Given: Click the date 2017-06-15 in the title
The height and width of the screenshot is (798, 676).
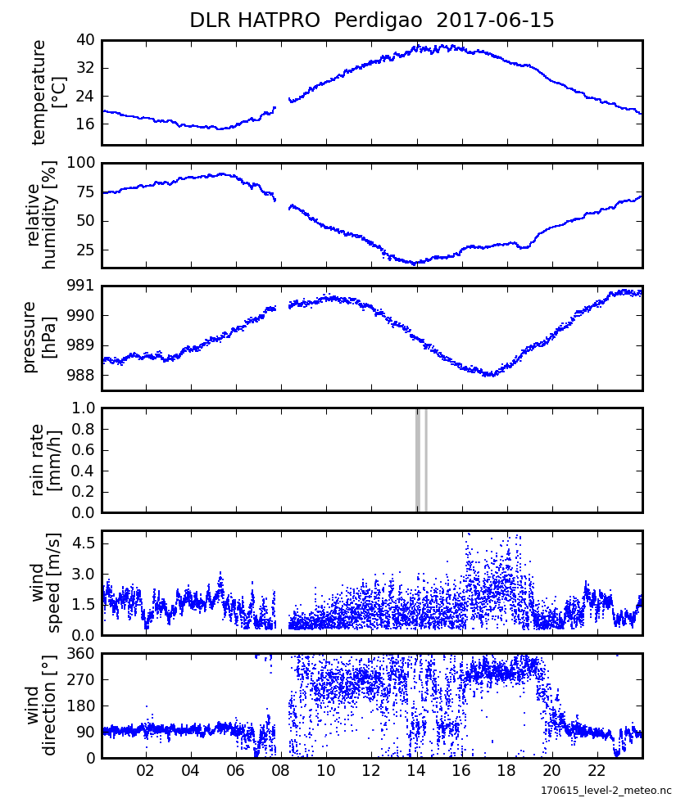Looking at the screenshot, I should coord(495,20).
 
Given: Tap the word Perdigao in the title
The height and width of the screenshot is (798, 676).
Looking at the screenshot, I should coord(379,20).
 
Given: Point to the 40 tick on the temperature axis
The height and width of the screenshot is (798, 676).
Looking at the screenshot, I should coord(85,40).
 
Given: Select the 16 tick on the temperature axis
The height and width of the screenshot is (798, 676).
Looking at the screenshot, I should coord(85,124).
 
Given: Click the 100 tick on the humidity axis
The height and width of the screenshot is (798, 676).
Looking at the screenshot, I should coord(81,163).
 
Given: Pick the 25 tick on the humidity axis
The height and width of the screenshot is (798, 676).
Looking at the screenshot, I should coord(85,250).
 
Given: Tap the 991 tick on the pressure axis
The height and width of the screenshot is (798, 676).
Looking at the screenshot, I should coord(81,286).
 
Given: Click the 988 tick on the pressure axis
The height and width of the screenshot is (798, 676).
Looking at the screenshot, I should coord(81,376).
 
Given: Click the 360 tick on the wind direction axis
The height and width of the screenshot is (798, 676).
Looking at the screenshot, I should coord(81,653).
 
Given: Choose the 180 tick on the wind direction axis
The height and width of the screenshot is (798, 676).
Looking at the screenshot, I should coord(81,706).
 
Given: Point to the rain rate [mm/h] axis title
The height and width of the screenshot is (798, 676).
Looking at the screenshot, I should coord(46,460).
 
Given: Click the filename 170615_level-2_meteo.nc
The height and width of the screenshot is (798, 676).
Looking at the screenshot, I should coord(606,791).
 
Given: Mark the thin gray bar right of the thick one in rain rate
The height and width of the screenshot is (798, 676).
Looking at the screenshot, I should coord(426,460).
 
